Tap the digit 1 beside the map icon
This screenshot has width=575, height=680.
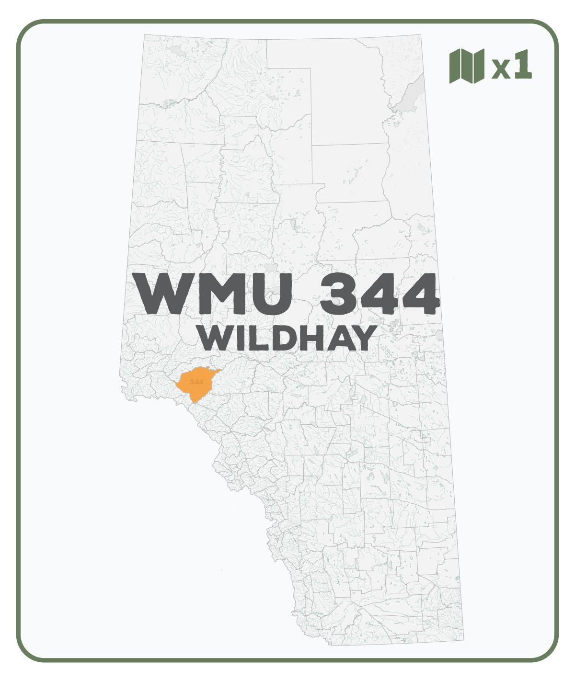coord(522,66)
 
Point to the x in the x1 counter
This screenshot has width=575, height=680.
coord(501,70)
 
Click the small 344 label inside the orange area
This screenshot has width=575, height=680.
coord(196,382)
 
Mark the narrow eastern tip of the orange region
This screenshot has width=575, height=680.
coord(219,371)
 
